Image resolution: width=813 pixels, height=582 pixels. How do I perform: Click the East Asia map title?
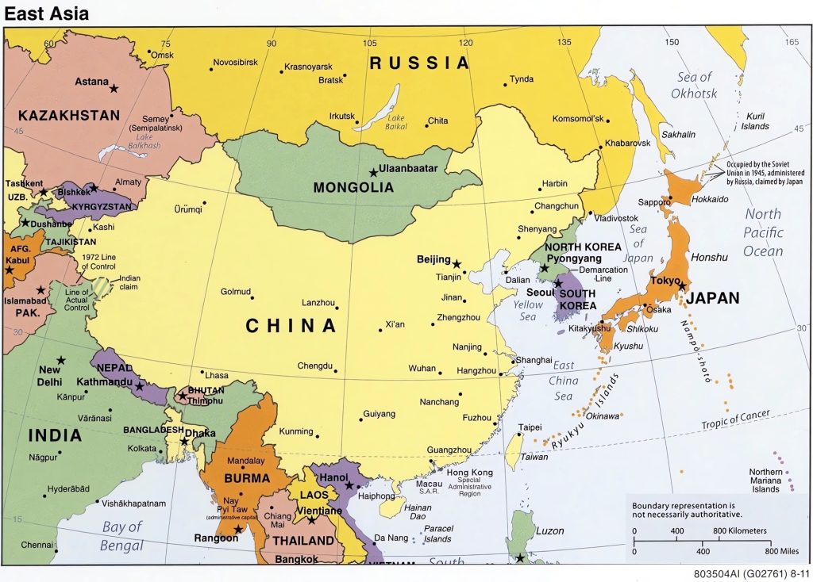click(47, 13)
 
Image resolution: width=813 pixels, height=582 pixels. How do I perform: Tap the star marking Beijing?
click(457, 263)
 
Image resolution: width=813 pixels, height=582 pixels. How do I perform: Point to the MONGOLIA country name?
click(353, 188)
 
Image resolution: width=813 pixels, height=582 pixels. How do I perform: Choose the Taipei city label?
click(530, 427)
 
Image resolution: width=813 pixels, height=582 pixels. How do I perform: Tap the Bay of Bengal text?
click(122, 535)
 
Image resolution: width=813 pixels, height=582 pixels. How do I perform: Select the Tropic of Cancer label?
click(734, 421)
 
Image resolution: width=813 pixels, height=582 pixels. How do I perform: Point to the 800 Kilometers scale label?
click(739, 530)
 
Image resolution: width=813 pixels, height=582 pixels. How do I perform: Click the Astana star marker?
click(114, 87)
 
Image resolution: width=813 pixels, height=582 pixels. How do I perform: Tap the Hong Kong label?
click(470, 473)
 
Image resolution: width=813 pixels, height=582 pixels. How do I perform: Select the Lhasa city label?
click(216, 374)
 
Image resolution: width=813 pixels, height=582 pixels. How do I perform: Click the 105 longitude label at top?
click(369, 43)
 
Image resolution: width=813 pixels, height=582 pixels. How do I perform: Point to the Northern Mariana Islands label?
click(765, 481)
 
